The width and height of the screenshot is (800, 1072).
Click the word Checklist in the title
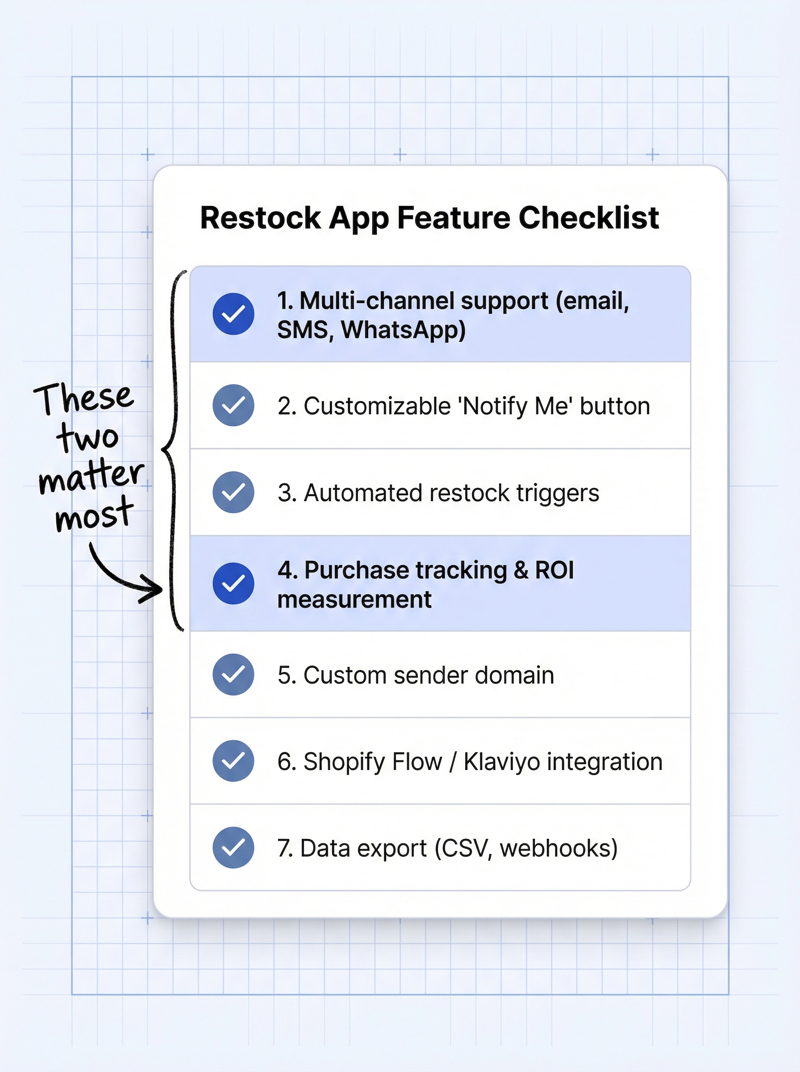point(588,218)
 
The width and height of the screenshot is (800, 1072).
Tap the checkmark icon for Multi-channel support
point(233,314)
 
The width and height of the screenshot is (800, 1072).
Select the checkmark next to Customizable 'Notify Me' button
point(233,405)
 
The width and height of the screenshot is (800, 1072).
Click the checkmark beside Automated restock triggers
point(233,492)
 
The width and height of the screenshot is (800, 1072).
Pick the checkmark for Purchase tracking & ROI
point(233,583)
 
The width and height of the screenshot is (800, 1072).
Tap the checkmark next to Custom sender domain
point(233,674)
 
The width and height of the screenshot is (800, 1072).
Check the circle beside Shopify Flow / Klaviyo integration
point(233,761)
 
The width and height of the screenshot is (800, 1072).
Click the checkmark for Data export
point(233,848)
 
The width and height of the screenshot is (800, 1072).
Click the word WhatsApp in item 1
point(403,330)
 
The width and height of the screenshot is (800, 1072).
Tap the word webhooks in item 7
point(558,848)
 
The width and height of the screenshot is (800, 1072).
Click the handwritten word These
point(83,398)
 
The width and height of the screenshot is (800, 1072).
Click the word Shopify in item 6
point(345,762)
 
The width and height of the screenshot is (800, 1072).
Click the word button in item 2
point(615,406)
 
